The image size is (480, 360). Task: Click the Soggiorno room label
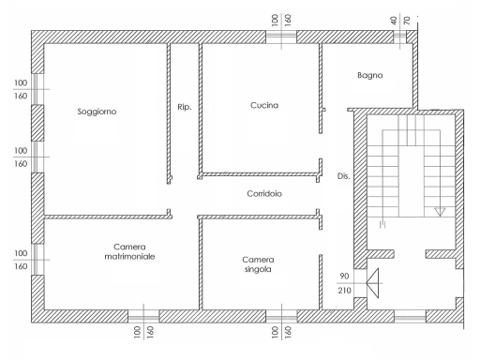point(97,112)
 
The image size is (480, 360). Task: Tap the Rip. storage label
point(185,107)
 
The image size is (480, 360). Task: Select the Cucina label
point(264,105)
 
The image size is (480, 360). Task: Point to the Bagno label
point(370,75)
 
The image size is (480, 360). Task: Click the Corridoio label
point(264,194)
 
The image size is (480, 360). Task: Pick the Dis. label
point(343,176)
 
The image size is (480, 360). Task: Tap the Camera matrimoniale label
point(129,252)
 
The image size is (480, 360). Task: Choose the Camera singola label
point(258,264)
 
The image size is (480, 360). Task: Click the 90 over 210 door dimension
point(344,283)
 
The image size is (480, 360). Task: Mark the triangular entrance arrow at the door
point(372,283)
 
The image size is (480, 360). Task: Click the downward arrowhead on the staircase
point(440,212)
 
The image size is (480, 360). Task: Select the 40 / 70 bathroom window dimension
point(400,21)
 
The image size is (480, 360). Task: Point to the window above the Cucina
point(281,37)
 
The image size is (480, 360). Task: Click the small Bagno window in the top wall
point(399,37)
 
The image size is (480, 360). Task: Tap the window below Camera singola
point(281,317)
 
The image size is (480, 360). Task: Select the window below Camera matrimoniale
point(143,317)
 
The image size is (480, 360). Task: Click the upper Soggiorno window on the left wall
point(37,89)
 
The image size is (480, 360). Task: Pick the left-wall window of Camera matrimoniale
point(37,260)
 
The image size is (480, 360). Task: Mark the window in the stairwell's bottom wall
point(410,317)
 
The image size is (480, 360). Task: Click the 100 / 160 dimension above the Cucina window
point(281,20)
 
